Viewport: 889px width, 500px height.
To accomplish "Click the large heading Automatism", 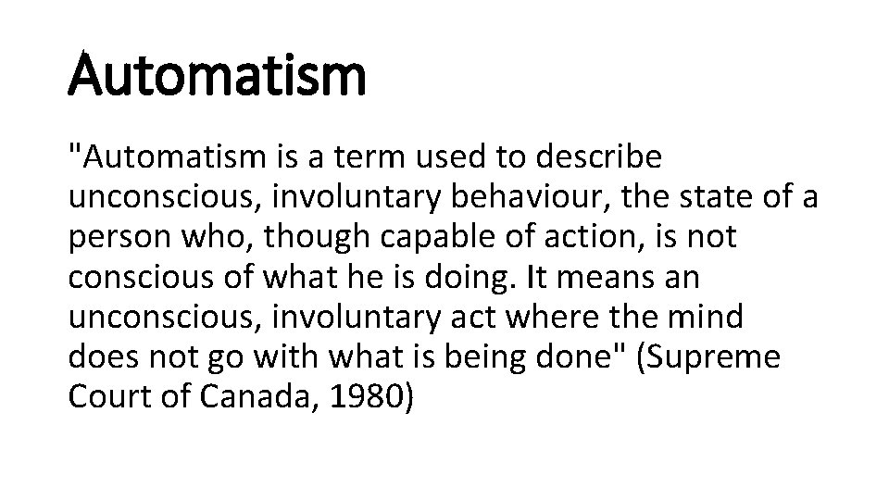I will pos(217,75).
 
